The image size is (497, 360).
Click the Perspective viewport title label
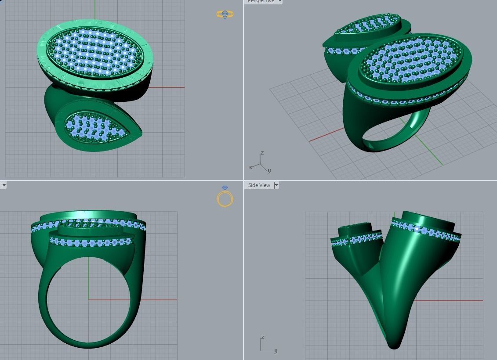pos(261,2)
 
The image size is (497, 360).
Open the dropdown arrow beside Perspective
pos(280,2)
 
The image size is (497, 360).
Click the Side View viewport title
pos(259,185)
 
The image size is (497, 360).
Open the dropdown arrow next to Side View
pos(276,185)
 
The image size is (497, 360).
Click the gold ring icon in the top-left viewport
pos(225,14)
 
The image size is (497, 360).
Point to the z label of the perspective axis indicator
pos(262,153)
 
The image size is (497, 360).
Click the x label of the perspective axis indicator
pos(250,167)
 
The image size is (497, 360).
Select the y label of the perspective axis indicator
pos(269,170)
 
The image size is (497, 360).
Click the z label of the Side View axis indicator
pos(262,337)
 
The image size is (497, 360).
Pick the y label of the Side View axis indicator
pos(276,350)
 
